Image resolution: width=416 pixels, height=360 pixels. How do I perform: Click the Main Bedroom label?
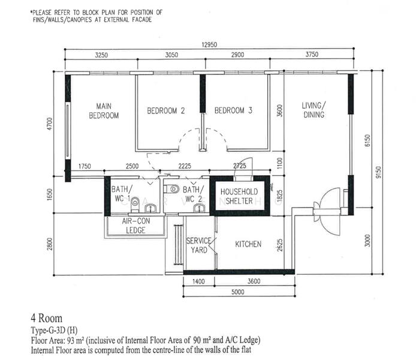(104, 111)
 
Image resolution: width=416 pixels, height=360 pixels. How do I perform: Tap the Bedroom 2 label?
(166, 111)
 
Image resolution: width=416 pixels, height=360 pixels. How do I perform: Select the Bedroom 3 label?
(233, 110)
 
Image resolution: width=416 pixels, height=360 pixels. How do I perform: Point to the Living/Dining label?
(313, 110)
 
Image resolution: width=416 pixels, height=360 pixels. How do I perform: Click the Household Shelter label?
(239, 196)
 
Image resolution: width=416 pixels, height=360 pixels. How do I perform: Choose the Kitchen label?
(248, 244)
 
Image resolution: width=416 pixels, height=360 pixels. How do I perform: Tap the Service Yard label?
(199, 245)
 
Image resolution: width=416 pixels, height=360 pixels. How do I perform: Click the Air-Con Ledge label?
(135, 226)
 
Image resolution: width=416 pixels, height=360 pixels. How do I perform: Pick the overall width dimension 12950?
(209, 44)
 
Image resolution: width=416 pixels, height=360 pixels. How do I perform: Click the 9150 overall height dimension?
(378, 172)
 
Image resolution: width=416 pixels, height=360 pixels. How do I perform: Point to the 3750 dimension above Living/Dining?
(312, 55)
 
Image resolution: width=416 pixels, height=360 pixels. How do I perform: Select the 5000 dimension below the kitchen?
(238, 292)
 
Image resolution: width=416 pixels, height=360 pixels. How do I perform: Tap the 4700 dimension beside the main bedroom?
(50, 124)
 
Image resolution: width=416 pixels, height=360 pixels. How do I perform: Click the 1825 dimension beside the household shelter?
(280, 196)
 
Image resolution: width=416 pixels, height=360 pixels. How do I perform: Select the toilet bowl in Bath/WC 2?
(171, 189)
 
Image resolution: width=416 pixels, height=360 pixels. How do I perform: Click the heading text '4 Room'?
(46, 318)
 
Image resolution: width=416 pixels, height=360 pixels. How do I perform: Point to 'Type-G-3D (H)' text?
(54, 331)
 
